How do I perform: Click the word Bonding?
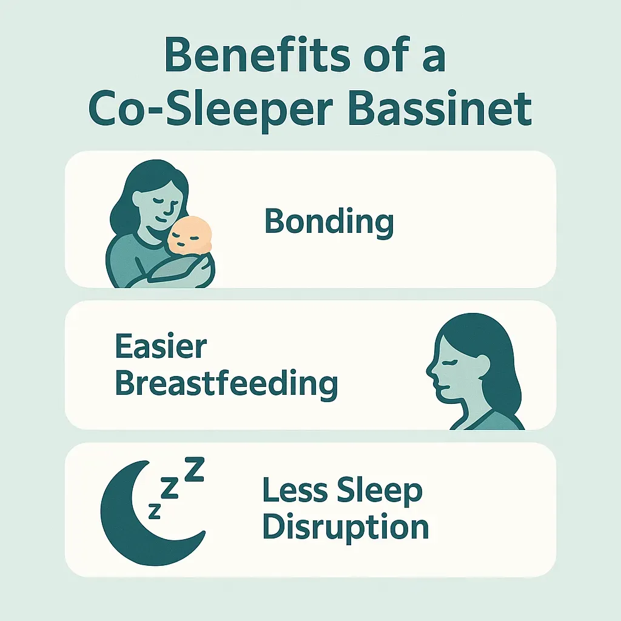329,222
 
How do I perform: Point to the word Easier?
161,348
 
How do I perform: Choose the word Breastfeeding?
226,383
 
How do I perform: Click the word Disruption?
346,526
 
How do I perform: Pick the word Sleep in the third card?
380,492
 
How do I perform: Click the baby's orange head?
190,237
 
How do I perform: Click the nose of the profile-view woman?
429,368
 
